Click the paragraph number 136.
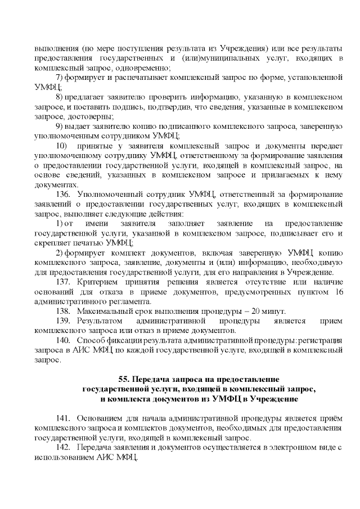click(63, 195)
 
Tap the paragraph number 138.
click(63, 311)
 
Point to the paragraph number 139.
click(63, 321)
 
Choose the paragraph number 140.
click(63, 341)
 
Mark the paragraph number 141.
click(63, 418)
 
